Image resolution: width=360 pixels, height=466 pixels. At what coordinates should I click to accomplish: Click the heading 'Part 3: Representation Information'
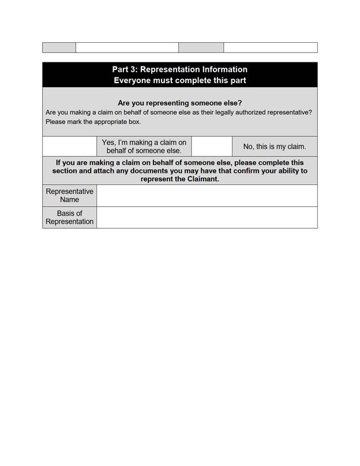(x=179, y=70)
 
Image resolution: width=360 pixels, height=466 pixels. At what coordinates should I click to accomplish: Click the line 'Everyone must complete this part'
(x=179, y=81)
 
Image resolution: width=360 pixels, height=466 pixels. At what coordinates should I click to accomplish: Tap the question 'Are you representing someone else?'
(x=179, y=103)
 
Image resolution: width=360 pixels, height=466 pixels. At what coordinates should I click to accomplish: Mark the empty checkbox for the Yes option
(x=69, y=147)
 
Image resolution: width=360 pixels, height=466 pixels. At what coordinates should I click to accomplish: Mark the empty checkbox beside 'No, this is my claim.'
(x=211, y=147)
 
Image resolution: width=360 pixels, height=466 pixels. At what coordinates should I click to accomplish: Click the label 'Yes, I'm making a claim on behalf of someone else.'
(x=144, y=147)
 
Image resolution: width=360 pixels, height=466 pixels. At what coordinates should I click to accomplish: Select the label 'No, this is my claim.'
(x=275, y=147)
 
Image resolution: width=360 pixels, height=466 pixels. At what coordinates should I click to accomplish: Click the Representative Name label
(x=69, y=196)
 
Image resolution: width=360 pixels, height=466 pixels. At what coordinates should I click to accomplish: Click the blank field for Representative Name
(x=207, y=196)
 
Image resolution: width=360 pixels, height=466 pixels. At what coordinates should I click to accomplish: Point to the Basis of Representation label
(x=69, y=218)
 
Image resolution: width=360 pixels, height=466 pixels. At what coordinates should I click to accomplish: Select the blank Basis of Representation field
(x=207, y=218)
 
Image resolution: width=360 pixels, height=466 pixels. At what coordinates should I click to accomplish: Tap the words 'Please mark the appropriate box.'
(x=93, y=122)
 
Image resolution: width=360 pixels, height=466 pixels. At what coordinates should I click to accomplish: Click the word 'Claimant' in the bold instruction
(x=202, y=179)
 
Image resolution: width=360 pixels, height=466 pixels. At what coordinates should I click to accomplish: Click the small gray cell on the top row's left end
(x=59, y=47)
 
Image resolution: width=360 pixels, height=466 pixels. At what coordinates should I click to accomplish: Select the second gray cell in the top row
(x=201, y=47)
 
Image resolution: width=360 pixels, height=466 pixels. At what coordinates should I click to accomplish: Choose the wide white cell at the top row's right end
(x=270, y=47)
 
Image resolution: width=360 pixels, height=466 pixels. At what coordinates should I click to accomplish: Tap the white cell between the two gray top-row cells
(x=127, y=47)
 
